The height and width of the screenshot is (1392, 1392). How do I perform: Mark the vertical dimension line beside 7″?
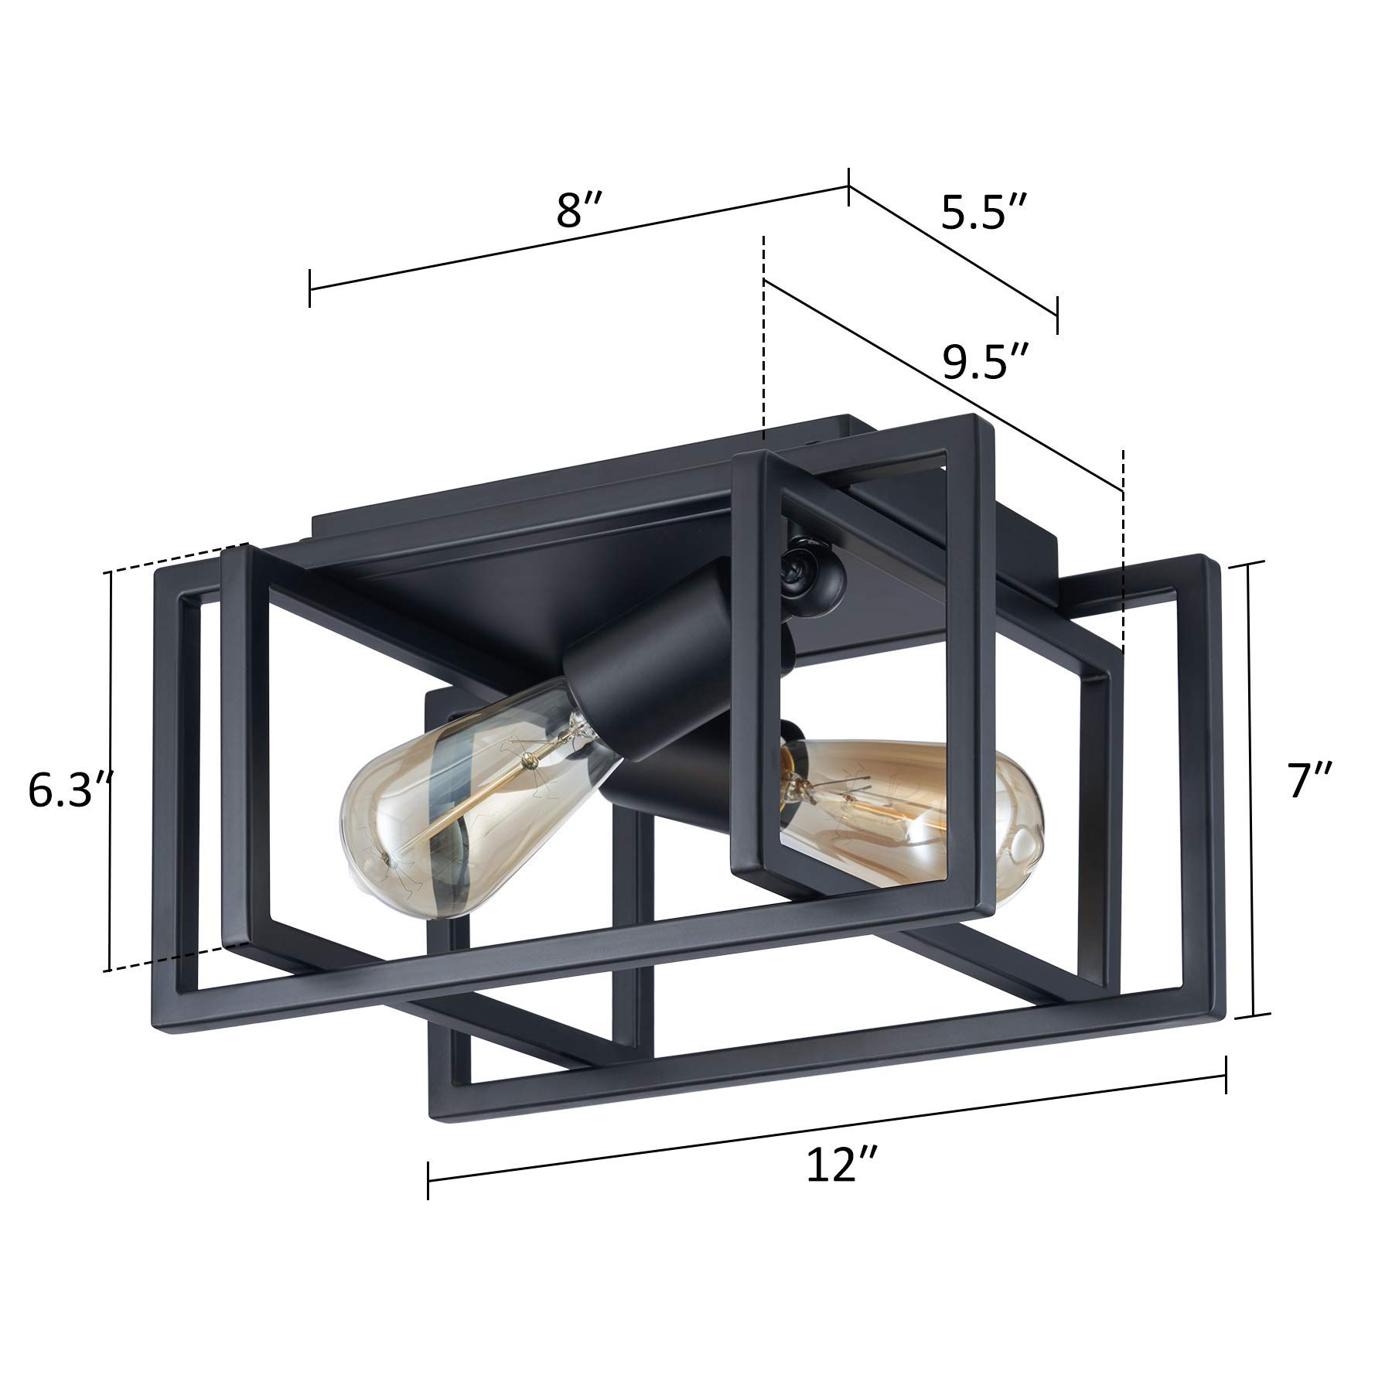pyautogui.click(x=1252, y=789)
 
